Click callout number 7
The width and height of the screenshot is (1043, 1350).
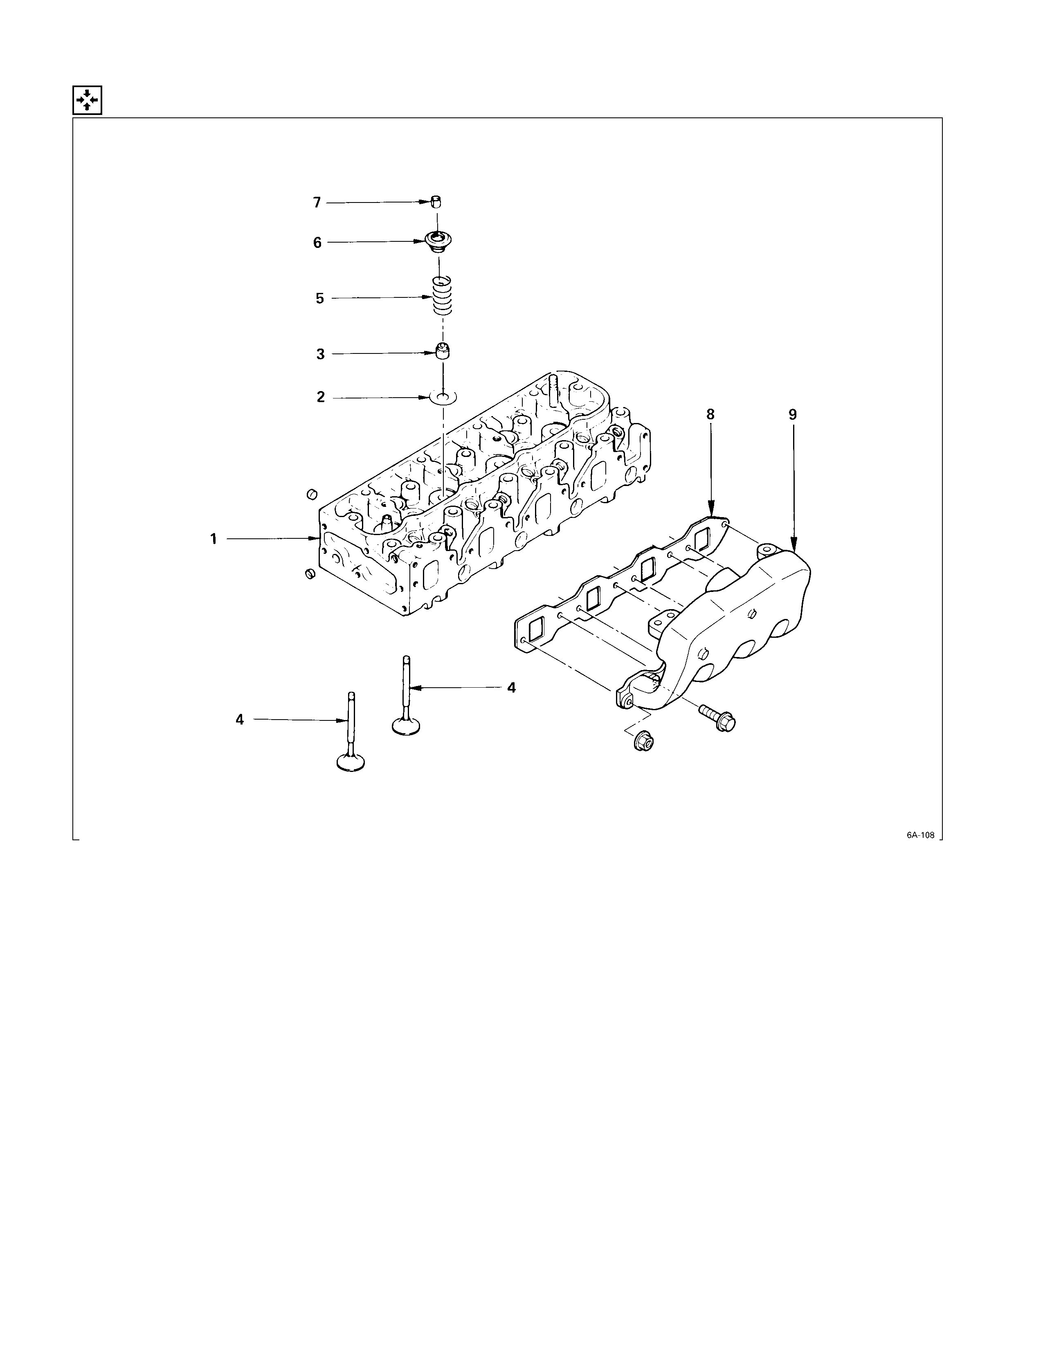pos(317,203)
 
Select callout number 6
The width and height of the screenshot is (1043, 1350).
pos(317,243)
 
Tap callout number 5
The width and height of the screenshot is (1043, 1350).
pos(319,299)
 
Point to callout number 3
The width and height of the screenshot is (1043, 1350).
pos(320,354)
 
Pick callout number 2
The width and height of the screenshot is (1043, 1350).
pos(321,397)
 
